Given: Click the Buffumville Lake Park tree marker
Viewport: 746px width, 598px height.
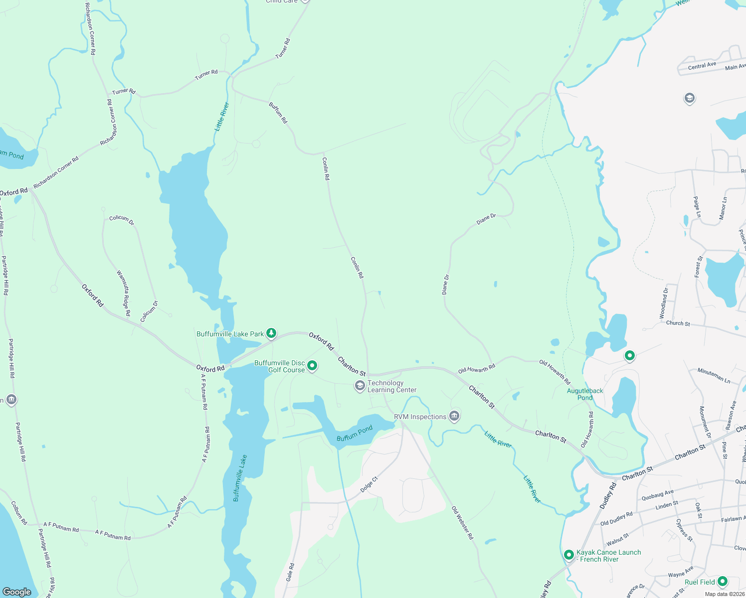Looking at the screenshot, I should click(271, 333).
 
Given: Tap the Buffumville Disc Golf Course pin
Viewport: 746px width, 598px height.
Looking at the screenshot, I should click(312, 366).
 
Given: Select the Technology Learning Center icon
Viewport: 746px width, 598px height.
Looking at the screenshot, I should click(360, 386).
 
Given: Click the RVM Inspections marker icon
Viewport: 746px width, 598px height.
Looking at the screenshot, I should click(454, 416).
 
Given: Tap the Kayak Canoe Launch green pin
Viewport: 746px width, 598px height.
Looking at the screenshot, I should click(568, 555).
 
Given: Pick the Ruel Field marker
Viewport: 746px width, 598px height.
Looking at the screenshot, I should click(722, 582).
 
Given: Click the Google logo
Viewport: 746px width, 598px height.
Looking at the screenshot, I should click(17, 592).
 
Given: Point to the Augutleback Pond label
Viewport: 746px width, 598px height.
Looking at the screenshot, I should click(585, 394).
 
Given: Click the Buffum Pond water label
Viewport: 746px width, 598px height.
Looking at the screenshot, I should click(355, 433).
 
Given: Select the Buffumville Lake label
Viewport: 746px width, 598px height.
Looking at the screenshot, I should click(240, 478).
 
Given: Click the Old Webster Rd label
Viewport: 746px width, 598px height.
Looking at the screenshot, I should click(462, 523).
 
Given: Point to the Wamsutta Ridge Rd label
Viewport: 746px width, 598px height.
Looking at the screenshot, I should click(124, 293).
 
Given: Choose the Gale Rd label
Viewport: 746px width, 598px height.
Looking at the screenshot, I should click(290, 572).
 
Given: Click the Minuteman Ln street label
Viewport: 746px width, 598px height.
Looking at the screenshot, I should click(714, 375).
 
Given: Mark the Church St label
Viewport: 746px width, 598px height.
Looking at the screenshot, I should click(678, 323).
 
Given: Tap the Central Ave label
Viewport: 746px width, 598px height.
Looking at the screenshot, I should click(702, 66).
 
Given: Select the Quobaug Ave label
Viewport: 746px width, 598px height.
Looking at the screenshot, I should click(657, 495).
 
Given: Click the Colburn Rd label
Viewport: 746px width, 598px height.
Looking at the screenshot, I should click(19, 513).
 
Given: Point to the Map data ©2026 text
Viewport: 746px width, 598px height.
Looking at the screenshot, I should click(725, 594).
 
